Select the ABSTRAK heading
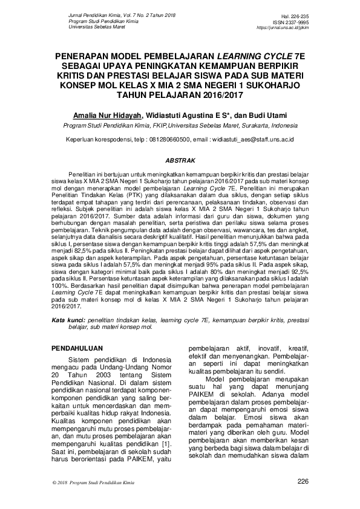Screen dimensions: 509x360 click(180, 161)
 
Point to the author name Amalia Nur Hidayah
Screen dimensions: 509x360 click(105, 115)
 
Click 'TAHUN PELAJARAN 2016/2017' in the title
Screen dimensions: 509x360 click(180, 94)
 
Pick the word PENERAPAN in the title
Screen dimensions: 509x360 click(83, 54)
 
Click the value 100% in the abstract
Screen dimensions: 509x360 click(61, 288)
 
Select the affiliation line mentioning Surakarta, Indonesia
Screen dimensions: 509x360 click(180, 126)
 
